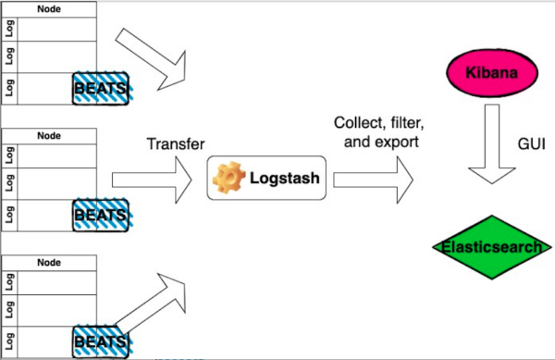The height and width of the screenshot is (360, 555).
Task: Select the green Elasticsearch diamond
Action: click(x=487, y=249)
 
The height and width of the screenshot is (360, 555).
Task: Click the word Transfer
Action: click(x=175, y=144)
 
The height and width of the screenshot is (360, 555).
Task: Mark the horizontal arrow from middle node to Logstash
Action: click(x=153, y=179)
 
